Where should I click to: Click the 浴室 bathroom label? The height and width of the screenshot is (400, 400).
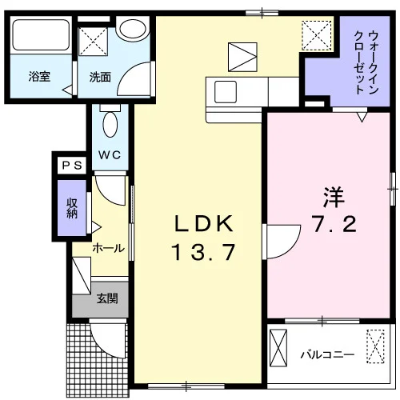39,77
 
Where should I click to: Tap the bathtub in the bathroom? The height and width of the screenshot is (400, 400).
41,35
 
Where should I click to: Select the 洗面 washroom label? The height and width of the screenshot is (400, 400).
100,77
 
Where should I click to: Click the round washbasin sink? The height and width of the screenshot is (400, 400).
133,29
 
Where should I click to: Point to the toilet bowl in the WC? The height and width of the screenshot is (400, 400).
110,124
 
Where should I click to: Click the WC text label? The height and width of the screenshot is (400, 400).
110,155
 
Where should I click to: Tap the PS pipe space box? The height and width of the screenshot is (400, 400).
72,166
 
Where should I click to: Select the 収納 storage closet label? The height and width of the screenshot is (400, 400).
72,208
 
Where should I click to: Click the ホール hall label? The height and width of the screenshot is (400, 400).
108,248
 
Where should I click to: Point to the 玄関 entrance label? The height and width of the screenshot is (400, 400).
107,298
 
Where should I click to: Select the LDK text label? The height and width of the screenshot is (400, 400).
204,223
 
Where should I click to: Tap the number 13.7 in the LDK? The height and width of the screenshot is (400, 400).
204,252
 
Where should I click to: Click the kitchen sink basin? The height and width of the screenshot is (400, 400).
226,92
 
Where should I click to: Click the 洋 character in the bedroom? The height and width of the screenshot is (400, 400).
334,198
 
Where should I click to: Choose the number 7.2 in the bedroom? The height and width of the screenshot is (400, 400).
334,224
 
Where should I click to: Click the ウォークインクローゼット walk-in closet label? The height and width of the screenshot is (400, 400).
366,62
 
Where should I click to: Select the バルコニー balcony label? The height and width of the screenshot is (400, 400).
327,354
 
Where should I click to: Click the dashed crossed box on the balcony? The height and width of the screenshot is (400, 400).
375,346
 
